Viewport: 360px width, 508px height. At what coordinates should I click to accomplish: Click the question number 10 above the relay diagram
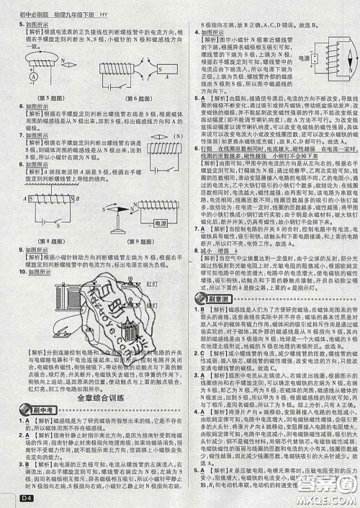tap(23, 256)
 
